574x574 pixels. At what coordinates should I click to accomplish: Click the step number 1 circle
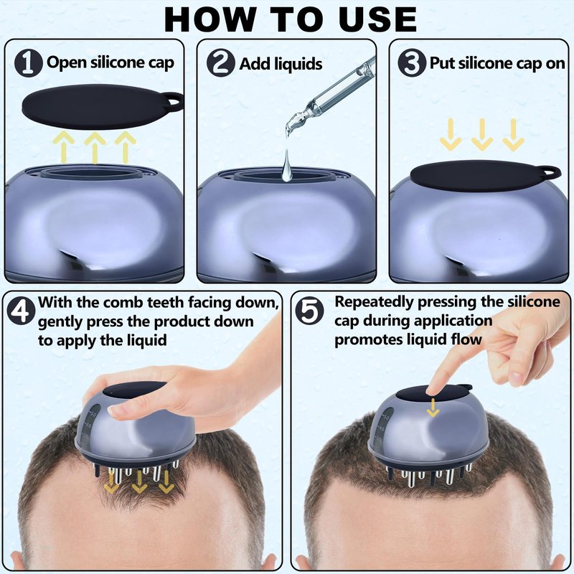coord(28,63)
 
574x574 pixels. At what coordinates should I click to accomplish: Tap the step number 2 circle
coord(221,63)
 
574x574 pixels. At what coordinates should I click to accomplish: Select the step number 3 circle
coord(412,63)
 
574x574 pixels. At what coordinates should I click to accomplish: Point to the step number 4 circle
coord(22,311)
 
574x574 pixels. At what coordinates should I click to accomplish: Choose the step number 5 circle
coord(309,311)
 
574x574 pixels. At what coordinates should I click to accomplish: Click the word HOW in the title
coord(210,19)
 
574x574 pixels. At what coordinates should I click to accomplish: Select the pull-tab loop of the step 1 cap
coord(173,100)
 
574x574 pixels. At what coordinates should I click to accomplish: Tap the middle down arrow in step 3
coord(482,134)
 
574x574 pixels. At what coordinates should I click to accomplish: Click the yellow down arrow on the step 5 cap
coord(433,408)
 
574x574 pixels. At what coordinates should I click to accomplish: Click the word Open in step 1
coord(66,62)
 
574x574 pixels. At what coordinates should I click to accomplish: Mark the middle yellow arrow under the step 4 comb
coord(138,481)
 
